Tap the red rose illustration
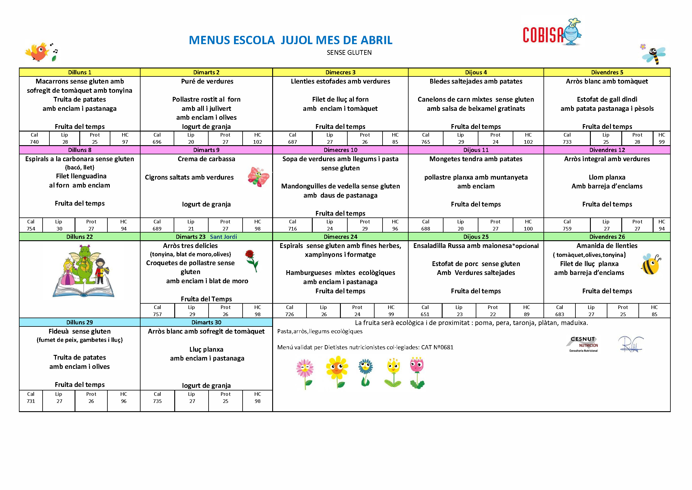(251, 260)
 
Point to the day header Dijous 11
(476, 150)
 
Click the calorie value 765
(425, 142)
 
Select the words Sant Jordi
(223, 237)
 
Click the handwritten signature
(630, 344)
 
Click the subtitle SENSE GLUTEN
(349, 53)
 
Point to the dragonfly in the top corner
(654, 55)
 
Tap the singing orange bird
(39, 52)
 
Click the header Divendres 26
(607, 237)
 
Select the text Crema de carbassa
(206, 159)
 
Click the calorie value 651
(425, 314)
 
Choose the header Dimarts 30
(206, 322)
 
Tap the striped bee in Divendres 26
(650, 264)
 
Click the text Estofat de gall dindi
(607, 99)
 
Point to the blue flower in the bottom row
(366, 372)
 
